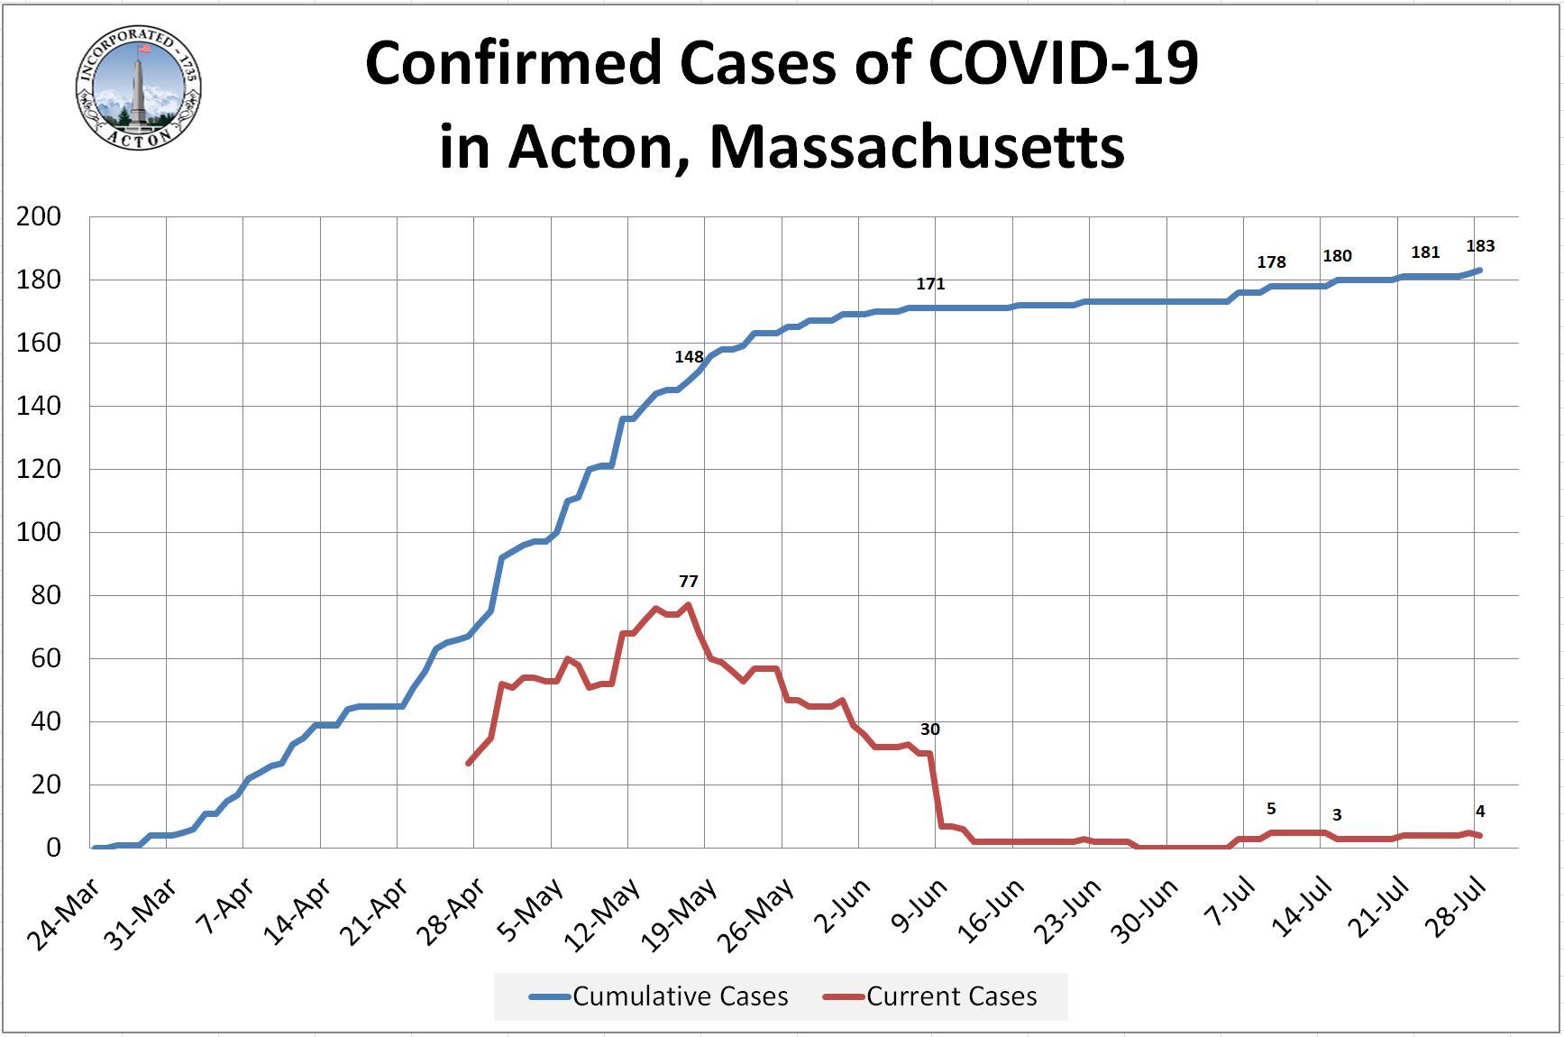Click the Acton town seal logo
pyautogui.click(x=138, y=88)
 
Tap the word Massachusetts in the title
pyautogui.click(x=917, y=147)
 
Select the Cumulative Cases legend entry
pyautogui.click(x=658, y=996)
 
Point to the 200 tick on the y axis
pyautogui.click(x=39, y=216)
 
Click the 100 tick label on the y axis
pyautogui.click(x=39, y=532)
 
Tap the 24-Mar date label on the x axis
pyautogui.click(x=65, y=913)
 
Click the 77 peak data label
pyautogui.click(x=689, y=582)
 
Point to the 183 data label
pyautogui.click(x=1480, y=246)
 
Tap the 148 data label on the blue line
pyautogui.click(x=689, y=357)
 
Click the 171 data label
pyautogui.click(x=930, y=284)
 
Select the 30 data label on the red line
pyautogui.click(x=929, y=730)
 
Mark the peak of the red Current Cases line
pyautogui.click(x=689, y=605)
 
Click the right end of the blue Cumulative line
pyautogui.click(x=1479, y=271)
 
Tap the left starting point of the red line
pyautogui.click(x=469, y=763)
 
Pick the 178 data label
pyautogui.click(x=1271, y=262)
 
